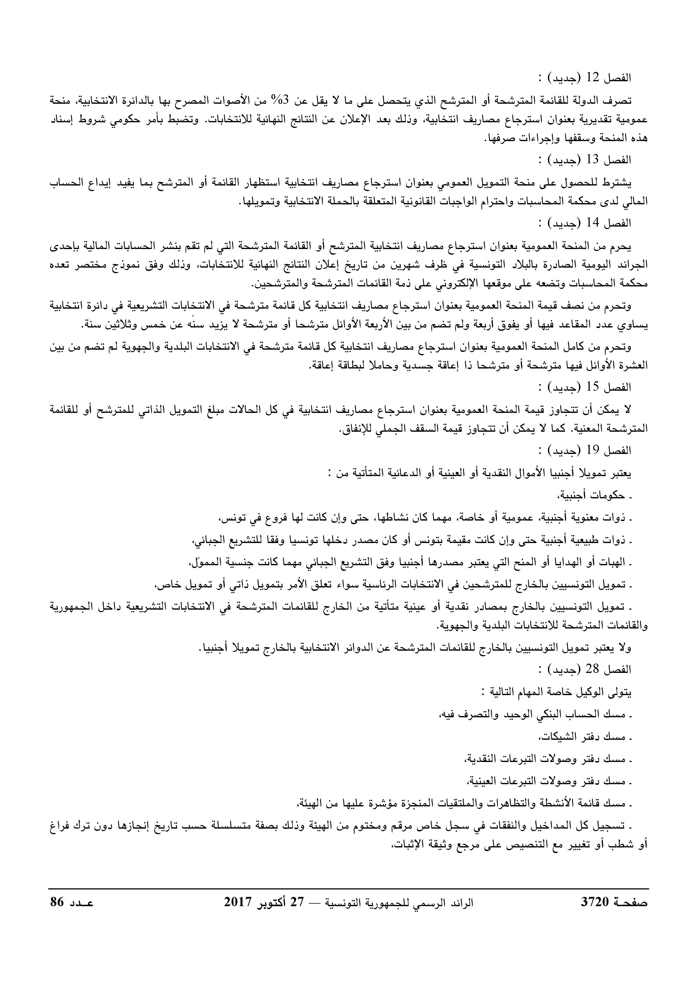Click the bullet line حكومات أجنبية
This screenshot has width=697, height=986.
(x=592, y=496)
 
